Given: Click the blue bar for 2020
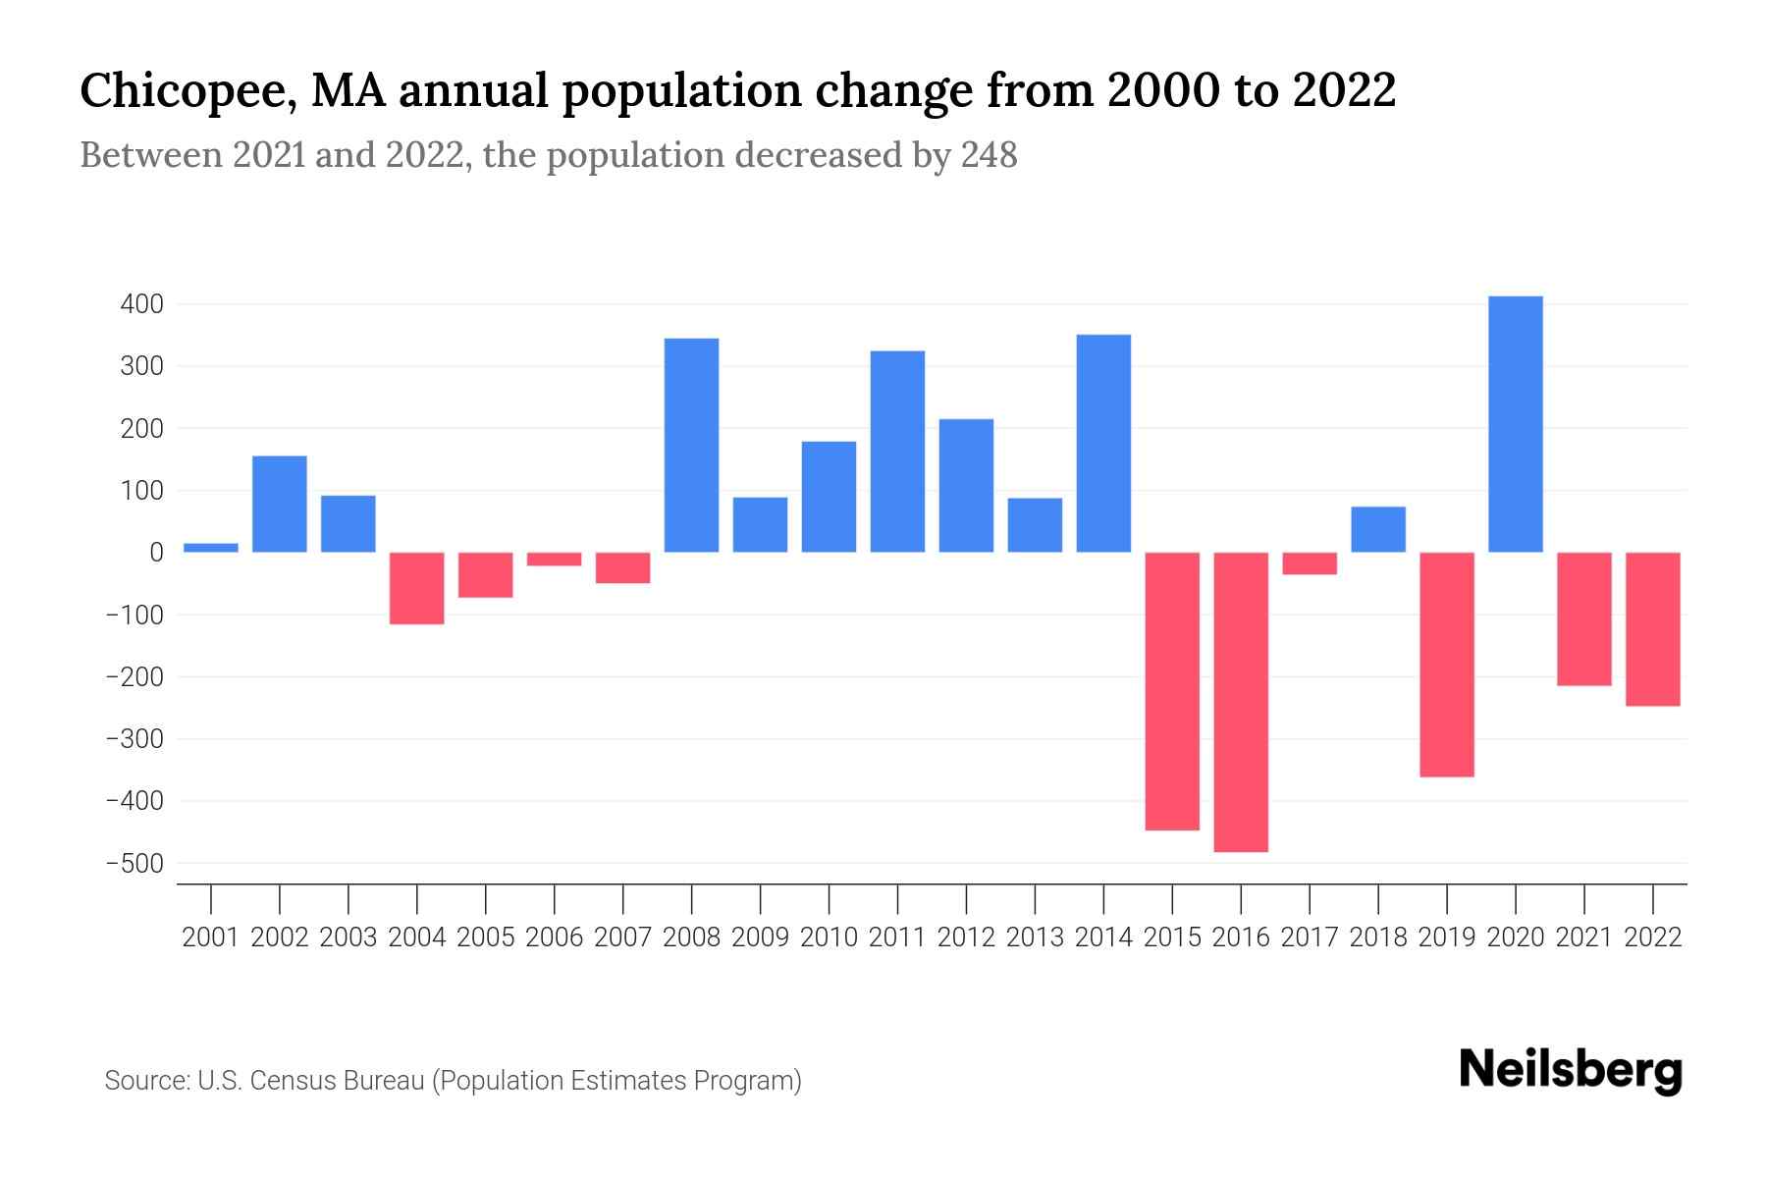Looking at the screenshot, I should coord(1515,424).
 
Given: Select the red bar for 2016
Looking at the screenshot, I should coord(1241,702).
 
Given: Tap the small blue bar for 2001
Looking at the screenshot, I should coord(211,548).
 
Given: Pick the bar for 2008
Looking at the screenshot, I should coord(691,445).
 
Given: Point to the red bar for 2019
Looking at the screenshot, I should coord(1446,665).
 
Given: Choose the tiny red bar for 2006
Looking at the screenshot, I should coord(554,560).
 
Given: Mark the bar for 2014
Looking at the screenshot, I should coord(1103,444).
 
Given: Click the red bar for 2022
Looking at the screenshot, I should coord(1652,629).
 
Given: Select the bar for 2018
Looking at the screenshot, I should coord(1378,529).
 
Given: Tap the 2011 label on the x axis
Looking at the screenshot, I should coord(897,937).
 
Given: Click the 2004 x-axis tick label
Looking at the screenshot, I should coord(417,937).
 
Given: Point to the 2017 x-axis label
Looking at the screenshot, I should coord(1310,937).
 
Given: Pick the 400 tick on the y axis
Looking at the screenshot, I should coord(141,304).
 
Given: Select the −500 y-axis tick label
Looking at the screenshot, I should coord(135,864).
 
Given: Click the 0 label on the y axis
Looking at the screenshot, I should coord(156,553).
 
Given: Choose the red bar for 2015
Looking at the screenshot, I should coord(1172,691).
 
